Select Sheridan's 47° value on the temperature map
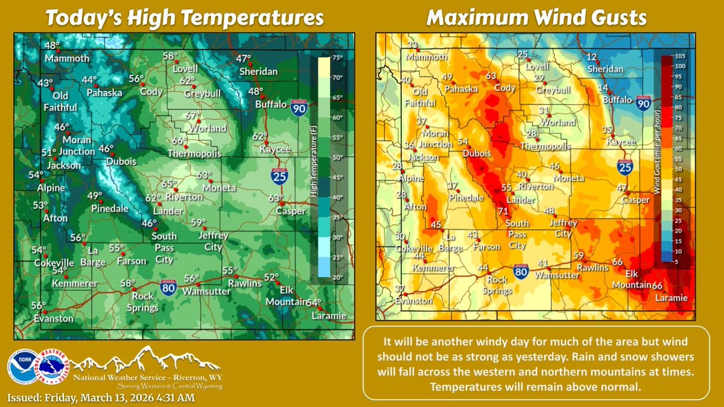tap(243, 59)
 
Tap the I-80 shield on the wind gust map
tap(523, 272)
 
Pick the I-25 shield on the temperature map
tap(278, 176)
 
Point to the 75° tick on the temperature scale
tap(337, 58)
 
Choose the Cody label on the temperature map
tap(152, 92)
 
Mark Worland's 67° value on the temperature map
tap(192, 116)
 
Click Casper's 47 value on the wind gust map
tap(621, 188)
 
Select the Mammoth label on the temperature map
tap(66, 58)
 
